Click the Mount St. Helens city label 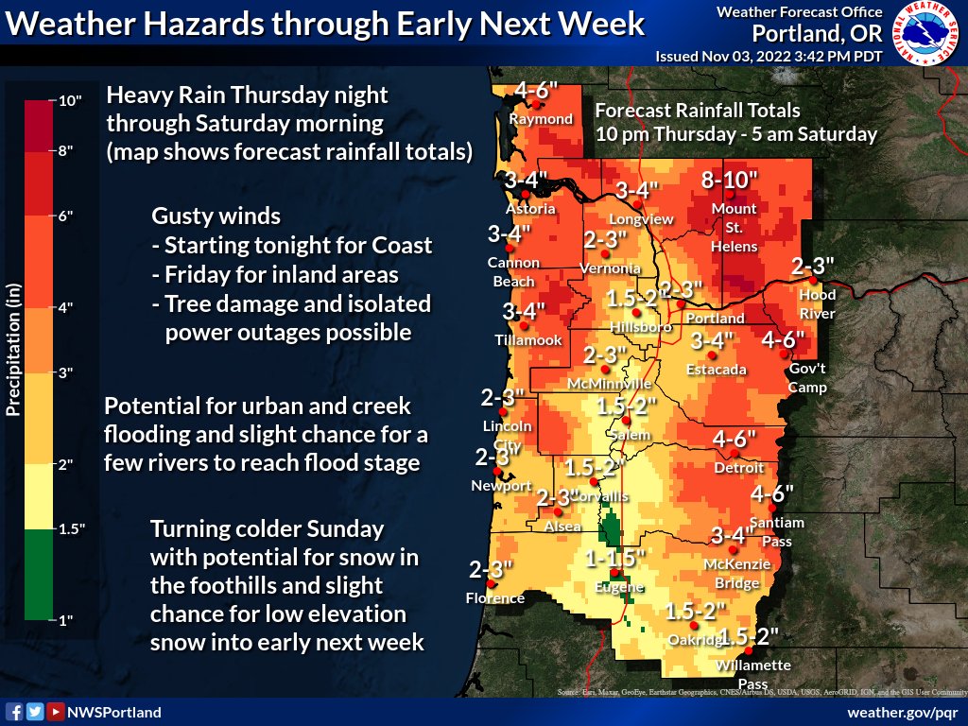tap(734, 227)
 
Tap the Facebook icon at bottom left tap(14, 712)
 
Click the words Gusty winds tap(216, 216)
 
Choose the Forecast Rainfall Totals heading tap(698, 111)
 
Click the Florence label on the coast tap(495, 598)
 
